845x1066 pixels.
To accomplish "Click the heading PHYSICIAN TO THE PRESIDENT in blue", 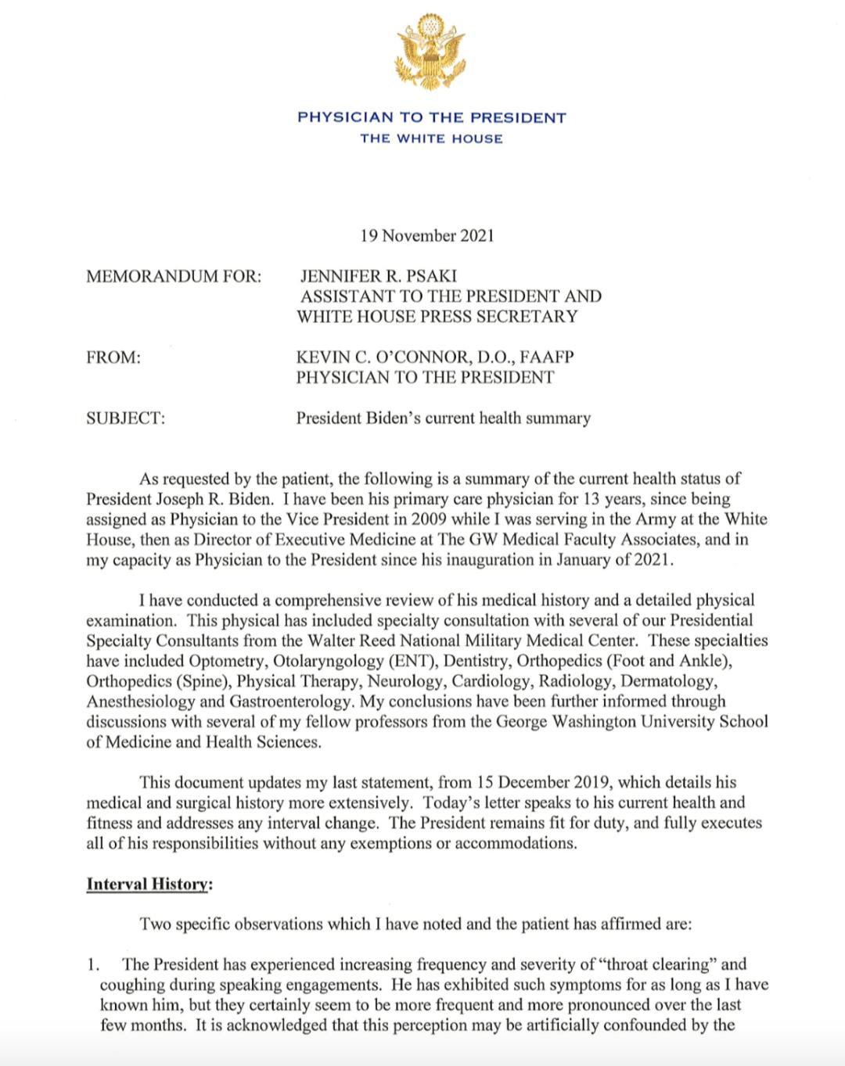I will point(431,118).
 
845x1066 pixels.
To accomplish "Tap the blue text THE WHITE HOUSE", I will point(431,139).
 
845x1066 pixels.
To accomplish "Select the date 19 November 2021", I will point(427,235).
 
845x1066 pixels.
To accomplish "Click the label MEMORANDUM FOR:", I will point(174,276).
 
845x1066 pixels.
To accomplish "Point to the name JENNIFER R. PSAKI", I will point(379,276).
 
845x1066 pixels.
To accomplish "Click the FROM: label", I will point(113,357).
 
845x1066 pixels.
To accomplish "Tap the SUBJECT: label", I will point(125,418).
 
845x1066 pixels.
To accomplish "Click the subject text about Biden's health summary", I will point(443,418).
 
